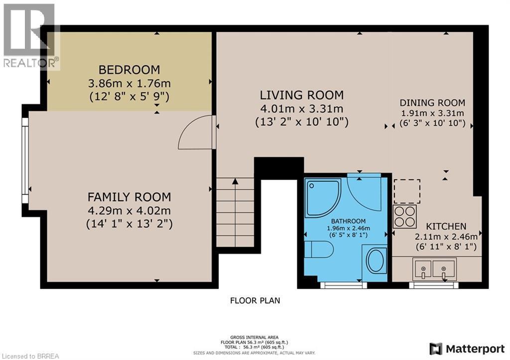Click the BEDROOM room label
[129, 70]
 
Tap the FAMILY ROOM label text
[129, 197]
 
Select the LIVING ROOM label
[301, 95]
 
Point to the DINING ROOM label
[432, 103]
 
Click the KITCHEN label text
[446, 226]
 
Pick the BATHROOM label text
[349, 221]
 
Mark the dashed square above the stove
[407, 192]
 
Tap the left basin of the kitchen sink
[423, 269]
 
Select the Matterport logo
[468, 348]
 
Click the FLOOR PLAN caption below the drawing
[255, 300]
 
